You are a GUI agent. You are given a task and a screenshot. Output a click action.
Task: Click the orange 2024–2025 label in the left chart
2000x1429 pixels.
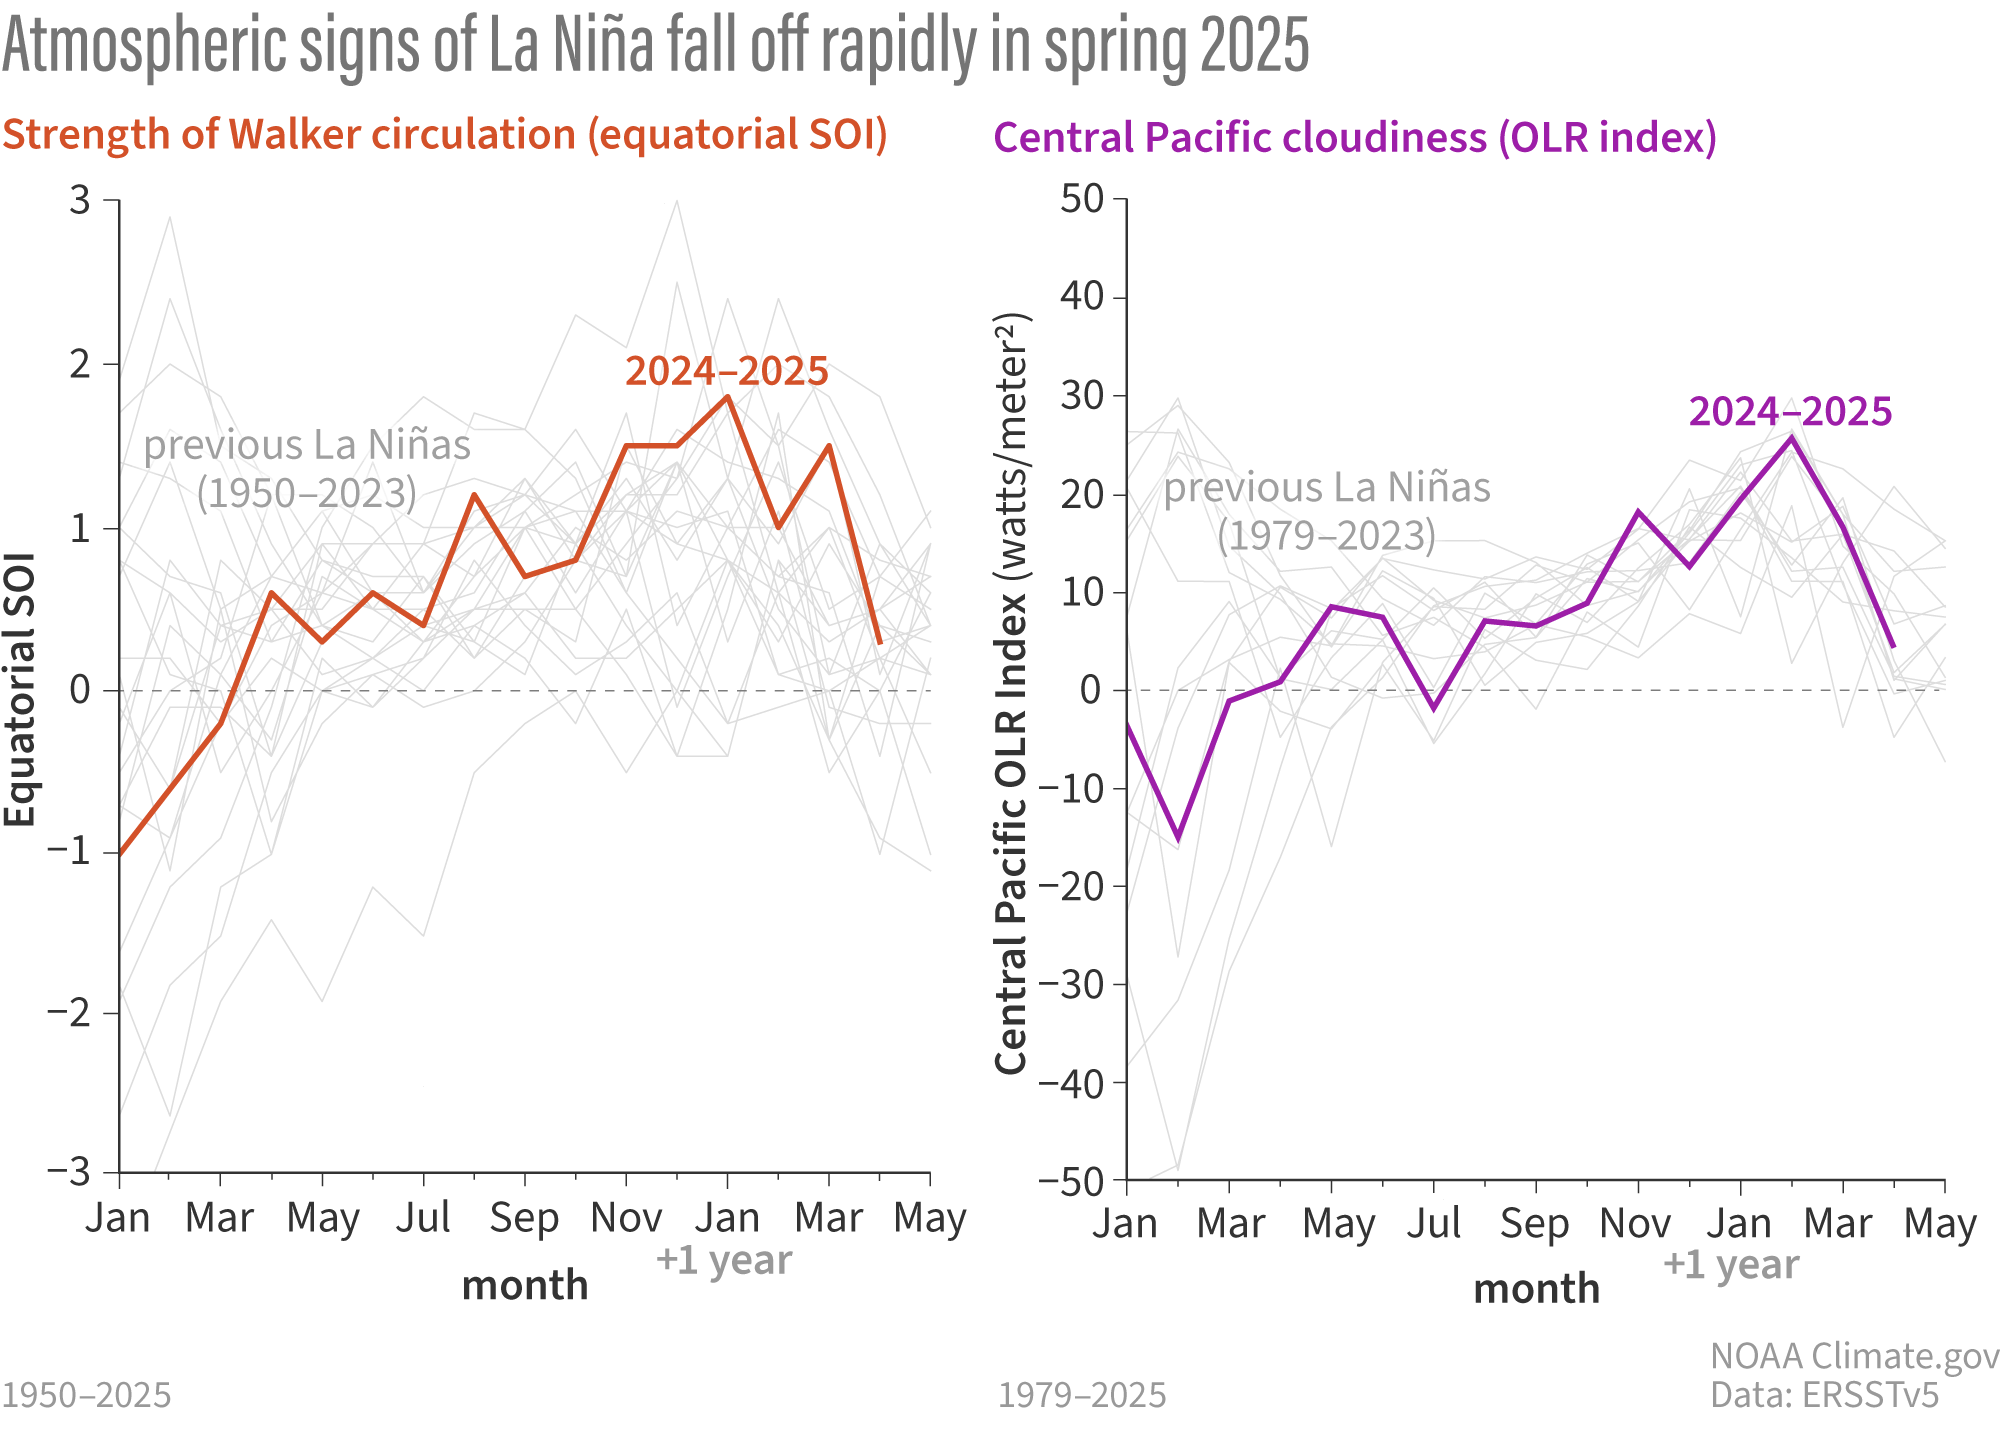pos(727,371)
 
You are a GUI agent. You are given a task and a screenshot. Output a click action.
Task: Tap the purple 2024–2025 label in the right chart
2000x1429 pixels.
pos(1790,412)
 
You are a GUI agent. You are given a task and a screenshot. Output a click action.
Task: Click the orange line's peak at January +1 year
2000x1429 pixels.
pos(727,397)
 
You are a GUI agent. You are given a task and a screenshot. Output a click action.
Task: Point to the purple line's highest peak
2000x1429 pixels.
pos(1791,437)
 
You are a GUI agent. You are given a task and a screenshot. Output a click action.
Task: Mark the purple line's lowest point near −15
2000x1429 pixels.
pos(1178,838)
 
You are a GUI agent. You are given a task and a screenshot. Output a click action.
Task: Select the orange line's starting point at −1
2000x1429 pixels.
pos(120,854)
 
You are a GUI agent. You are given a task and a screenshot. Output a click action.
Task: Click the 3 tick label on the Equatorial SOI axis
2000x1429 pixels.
pos(80,201)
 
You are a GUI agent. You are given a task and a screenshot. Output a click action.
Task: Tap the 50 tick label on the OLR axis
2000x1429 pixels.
pos(1081,199)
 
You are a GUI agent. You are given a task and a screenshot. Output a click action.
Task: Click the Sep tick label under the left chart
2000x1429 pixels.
pos(524,1218)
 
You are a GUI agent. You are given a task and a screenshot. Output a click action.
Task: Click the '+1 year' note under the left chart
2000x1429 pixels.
pos(724,1260)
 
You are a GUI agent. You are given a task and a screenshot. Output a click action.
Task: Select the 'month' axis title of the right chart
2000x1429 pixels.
pos(1536,1289)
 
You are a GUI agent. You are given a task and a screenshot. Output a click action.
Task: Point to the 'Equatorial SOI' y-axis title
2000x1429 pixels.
pos(20,690)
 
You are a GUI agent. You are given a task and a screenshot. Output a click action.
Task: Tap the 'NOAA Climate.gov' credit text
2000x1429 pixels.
pos(1854,1356)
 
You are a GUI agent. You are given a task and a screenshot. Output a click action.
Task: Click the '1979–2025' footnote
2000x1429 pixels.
pos(1082,1395)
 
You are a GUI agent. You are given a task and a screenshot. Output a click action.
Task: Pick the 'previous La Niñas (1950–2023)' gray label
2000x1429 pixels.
pos(307,469)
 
